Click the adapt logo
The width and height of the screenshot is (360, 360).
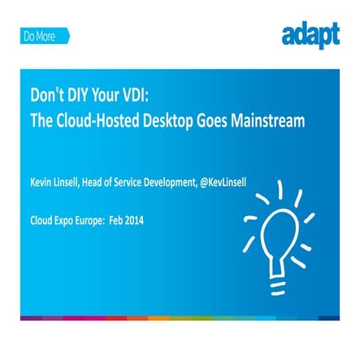click(x=310, y=36)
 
